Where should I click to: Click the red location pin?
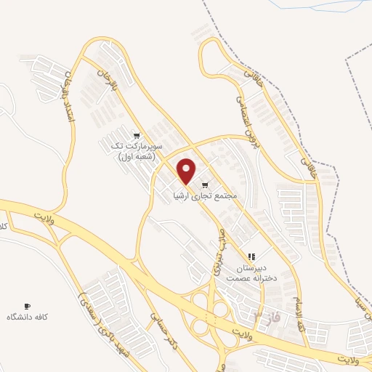tap(187, 171)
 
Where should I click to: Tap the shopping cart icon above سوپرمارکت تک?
tap(137, 135)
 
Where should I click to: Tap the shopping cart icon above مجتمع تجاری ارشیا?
tap(206, 185)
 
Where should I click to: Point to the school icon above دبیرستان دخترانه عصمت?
tap(251, 257)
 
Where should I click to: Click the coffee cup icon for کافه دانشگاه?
tap(28, 306)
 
